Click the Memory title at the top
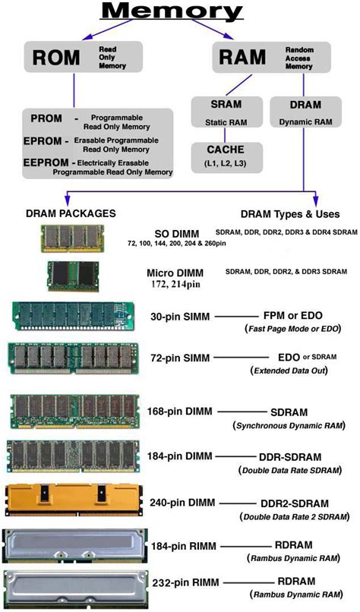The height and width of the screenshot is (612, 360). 172,11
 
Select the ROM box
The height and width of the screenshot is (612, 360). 84,57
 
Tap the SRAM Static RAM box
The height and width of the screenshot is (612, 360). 226,112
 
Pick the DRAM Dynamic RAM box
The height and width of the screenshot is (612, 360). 305,112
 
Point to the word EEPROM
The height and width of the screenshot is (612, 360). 49,162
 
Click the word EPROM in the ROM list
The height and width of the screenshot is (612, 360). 43,141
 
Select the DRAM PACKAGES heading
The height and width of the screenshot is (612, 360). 71,213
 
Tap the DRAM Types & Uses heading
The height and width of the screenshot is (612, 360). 290,214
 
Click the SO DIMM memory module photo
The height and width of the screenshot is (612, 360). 73,239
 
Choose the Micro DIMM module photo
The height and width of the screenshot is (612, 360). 73,276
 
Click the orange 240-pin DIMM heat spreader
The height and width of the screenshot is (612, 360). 74,500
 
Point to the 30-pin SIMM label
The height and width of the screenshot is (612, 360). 180,316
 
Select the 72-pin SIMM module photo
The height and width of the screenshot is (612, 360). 74,358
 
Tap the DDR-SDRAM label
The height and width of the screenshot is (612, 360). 290,457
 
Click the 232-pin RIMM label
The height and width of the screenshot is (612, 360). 185,582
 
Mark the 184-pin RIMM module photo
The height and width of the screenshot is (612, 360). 75,546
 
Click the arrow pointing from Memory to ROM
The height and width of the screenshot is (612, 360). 108,30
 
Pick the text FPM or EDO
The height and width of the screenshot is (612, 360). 293,316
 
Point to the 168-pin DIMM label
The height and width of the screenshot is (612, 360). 179,412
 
